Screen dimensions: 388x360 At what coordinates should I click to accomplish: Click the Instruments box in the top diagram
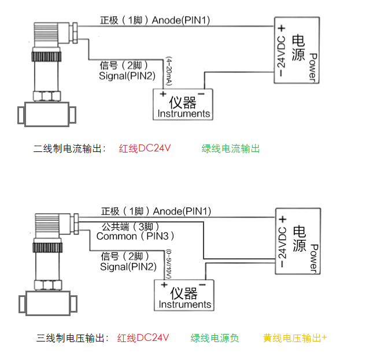[x=183, y=105]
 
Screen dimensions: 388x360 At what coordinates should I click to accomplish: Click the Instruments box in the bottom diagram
[x=184, y=295]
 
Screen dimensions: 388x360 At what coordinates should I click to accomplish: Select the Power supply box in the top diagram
[x=297, y=50]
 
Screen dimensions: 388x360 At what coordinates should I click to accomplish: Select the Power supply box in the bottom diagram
[x=298, y=241]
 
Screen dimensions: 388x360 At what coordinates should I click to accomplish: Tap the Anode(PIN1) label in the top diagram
[x=180, y=20]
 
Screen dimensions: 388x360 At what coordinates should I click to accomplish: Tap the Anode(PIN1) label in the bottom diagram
[x=182, y=211]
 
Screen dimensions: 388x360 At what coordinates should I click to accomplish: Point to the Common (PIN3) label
[x=135, y=236]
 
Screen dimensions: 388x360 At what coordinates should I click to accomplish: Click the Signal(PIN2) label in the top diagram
[x=127, y=76]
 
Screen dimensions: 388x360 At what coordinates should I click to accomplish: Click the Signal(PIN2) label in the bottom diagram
[x=128, y=267]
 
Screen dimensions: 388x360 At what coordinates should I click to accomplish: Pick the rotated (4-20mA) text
[x=169, y=71]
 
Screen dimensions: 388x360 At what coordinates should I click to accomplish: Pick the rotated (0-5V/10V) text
[x=169, y=264]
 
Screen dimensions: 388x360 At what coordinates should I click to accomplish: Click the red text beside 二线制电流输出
[x=145, y=149]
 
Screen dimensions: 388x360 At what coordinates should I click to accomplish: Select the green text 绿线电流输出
[x=231, y=149]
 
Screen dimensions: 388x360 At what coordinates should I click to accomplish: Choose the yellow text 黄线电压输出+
[x=295, y=338]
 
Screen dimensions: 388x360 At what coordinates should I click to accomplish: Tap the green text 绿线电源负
[x=215, y=338]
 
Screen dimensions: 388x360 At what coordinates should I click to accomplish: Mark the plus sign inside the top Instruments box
[x=163, y=94]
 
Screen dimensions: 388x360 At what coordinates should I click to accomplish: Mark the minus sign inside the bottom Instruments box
[x=202, y=285]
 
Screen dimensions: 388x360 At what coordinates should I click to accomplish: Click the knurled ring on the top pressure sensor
[x=46, y=57]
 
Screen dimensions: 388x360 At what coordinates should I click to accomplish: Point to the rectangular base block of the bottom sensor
[x=48, y=303]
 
